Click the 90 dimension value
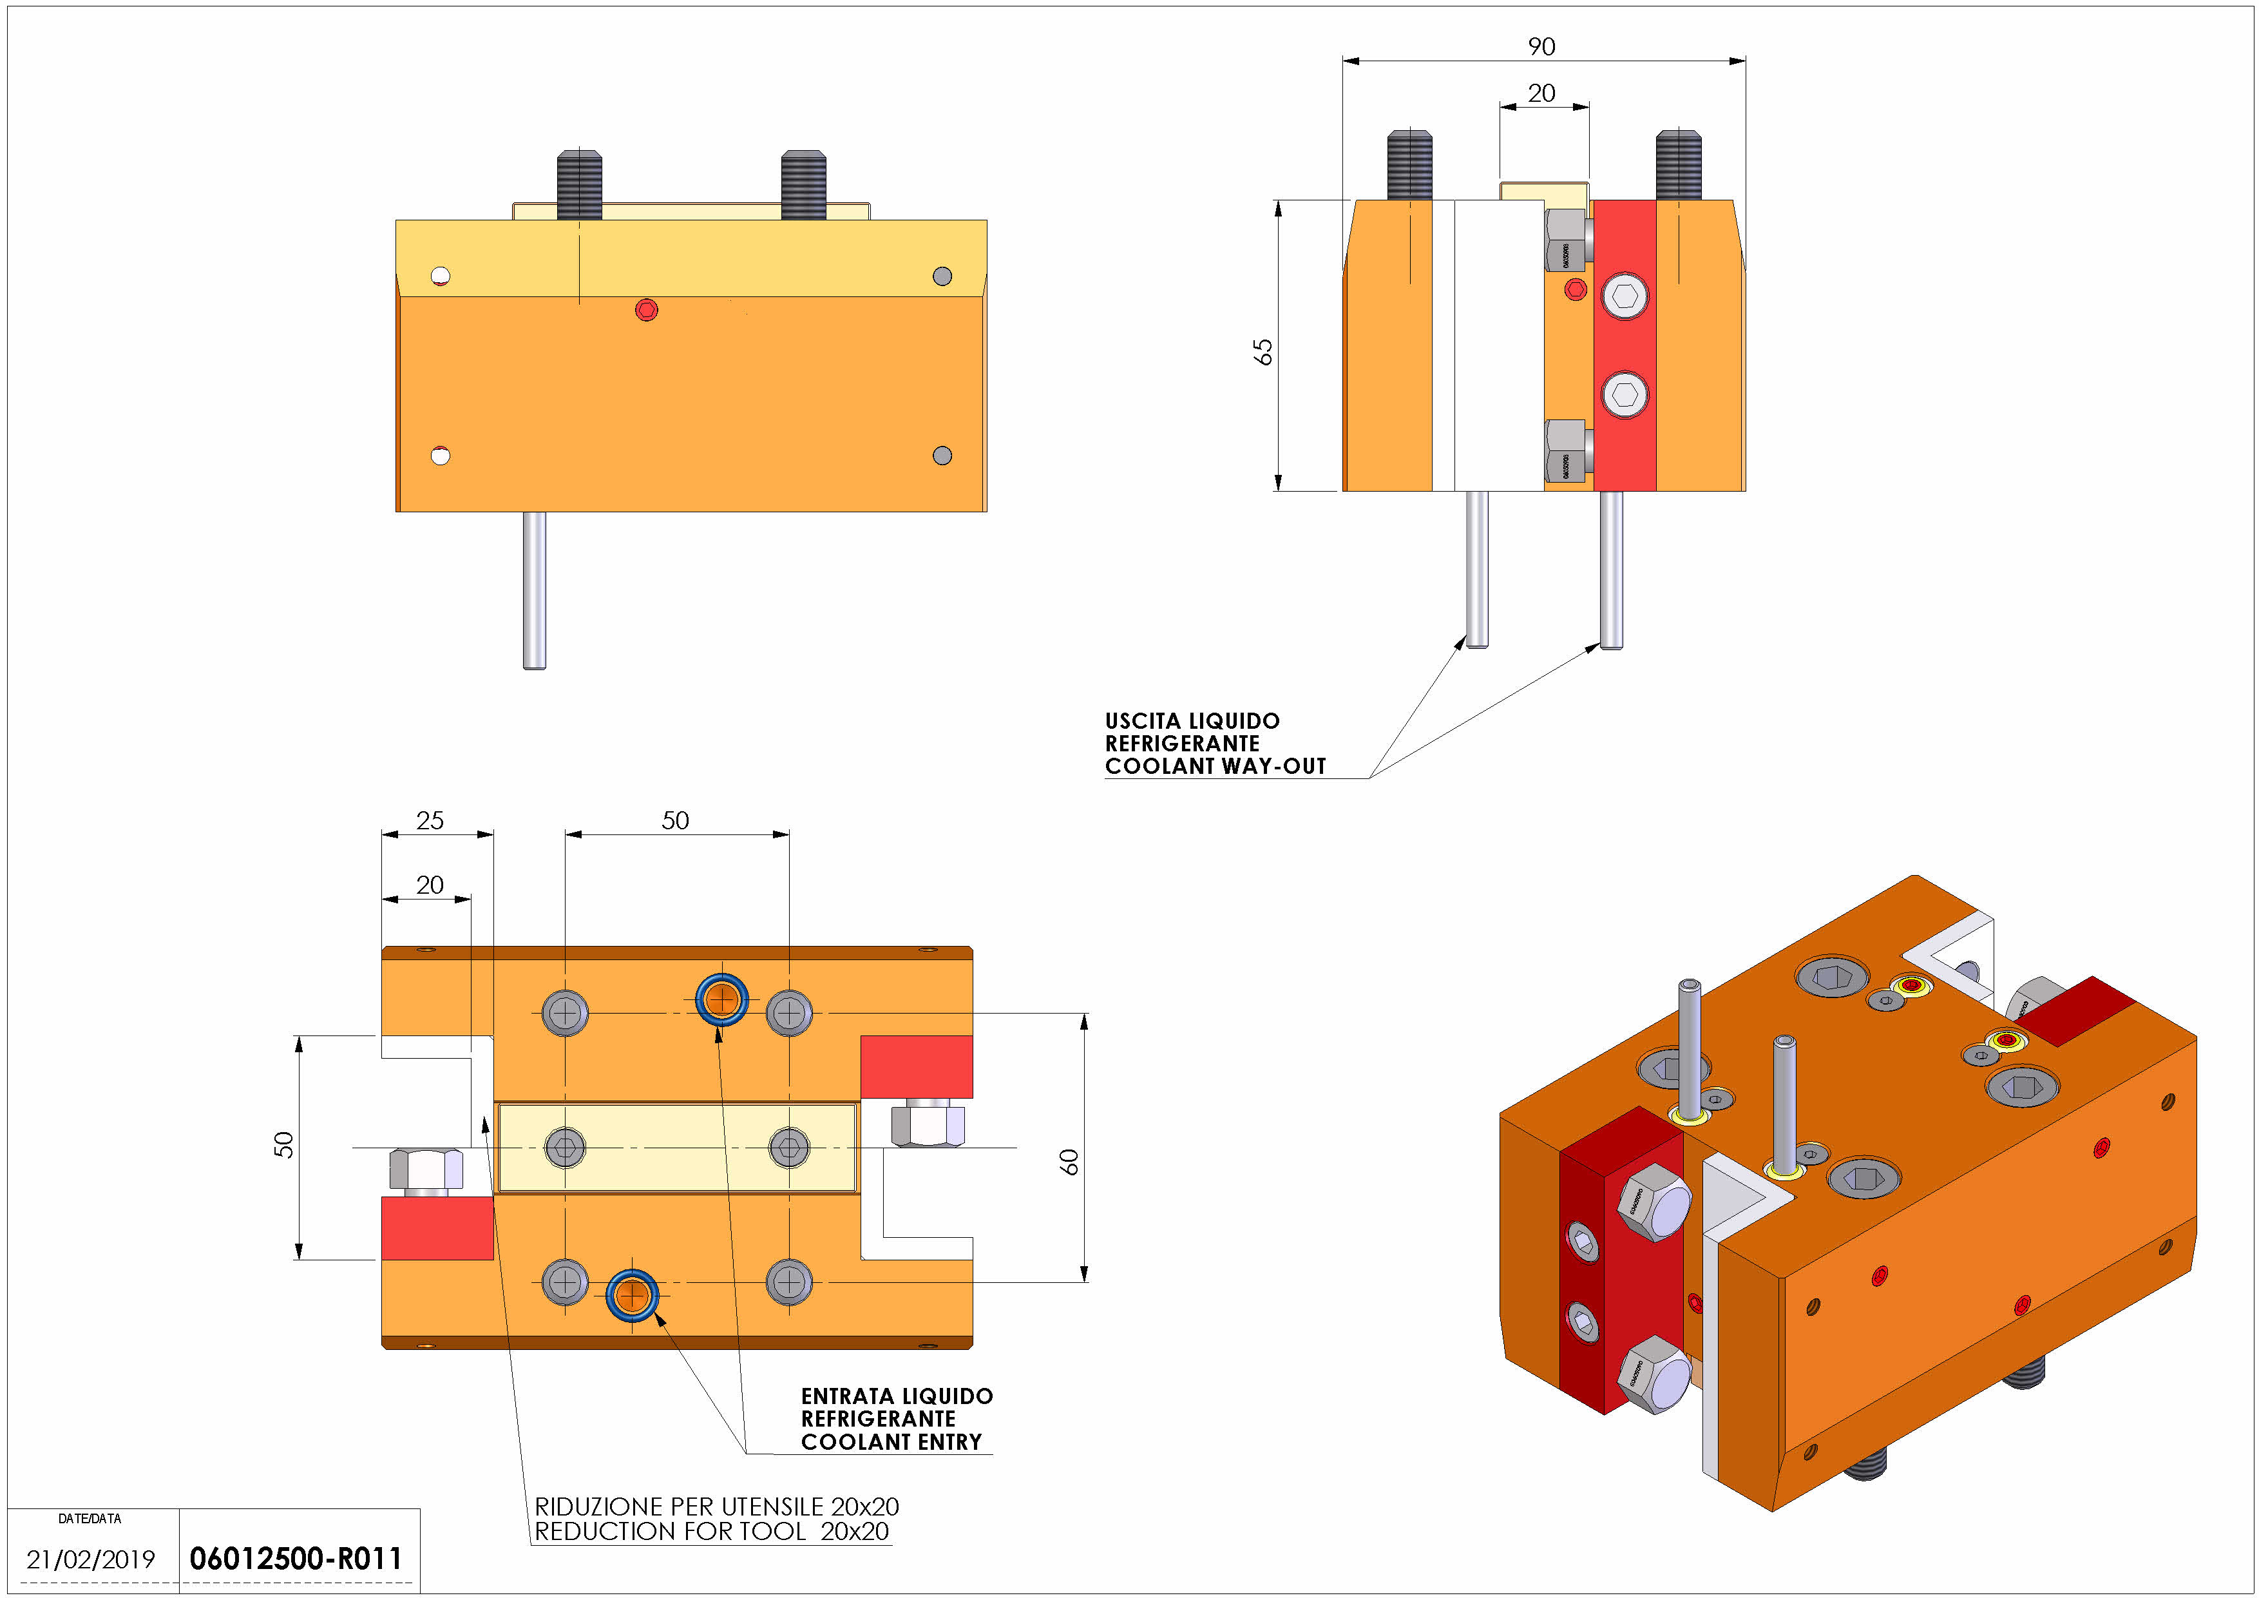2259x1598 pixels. click(1541, 46)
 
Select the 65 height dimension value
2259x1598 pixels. click(1263, 351)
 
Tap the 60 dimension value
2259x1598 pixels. click(1069, 1161)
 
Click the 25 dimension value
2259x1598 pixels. click(430, 820)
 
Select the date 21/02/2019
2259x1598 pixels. click(91, 1559)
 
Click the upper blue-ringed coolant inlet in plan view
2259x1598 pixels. click(721, 1000)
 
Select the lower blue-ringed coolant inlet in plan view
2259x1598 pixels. click(632, 1295)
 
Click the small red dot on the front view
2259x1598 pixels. click(647, 310)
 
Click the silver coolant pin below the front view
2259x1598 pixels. click(534, 590)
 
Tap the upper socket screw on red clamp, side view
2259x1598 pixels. click(1625, 296)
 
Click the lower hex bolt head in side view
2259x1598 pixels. click(1565, 450)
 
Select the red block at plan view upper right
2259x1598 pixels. click(916, 1066)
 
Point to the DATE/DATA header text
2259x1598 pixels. click(90, 1518)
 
